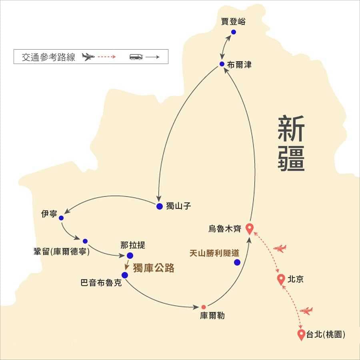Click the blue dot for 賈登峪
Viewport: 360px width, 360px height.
click(234, 32)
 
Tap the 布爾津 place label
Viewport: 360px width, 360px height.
click(239, 65)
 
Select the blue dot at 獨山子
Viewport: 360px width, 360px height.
click(160, 206)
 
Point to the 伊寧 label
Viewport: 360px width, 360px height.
click(49, 214)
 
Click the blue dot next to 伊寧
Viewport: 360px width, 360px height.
click(61, 218)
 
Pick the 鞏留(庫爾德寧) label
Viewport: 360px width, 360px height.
click(62, 252)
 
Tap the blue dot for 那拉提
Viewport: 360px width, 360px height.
click(130, 256)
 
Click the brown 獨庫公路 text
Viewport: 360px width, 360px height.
click(154, 268)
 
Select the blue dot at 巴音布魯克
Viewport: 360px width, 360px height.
click(125, 275)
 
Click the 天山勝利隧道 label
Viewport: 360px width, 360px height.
click(214, 253)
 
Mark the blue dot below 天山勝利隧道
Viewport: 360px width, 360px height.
click(237, 262)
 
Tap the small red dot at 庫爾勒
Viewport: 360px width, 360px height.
click(204, 307)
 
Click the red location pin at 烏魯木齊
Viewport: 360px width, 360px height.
click(250, 229)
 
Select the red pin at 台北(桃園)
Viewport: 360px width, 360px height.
click(301, 335)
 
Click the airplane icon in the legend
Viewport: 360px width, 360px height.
click(88, 57)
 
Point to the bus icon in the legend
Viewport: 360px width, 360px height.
click(136, 57)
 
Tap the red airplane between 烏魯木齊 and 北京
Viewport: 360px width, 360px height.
click(280, 248)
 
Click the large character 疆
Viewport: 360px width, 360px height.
click(291, 158)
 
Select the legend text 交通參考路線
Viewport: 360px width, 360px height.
click(48, 57)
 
